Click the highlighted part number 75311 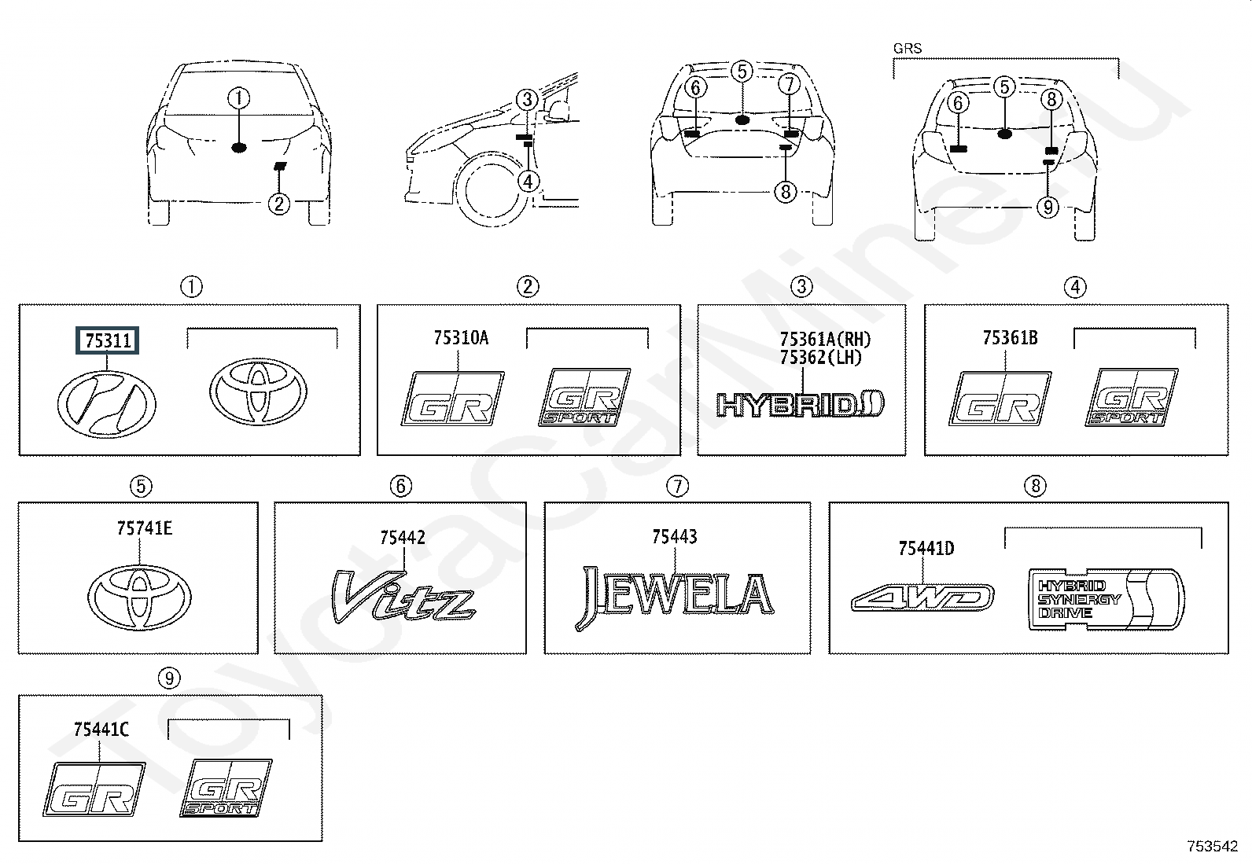point(108,340)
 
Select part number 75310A point(460,338)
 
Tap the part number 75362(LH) point(820,358)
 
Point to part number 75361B point(1009,338)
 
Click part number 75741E point(144,529)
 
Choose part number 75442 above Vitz point(402,538)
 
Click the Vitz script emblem point(402,597)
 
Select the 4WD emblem point(922,598)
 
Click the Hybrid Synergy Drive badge point(1105,598)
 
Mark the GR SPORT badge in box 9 point(226,788)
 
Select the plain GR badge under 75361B point(1000,399)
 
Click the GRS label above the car point(907,48)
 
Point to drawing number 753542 point(1212,846)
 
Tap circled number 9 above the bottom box point(169,678)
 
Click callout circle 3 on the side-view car point(527,100)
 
